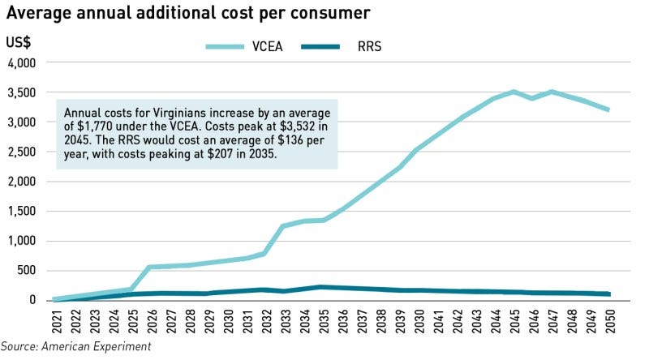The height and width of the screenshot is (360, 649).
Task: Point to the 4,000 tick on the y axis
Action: [x=22, y=62]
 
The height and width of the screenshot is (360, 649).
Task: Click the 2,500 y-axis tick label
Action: [x=22, y=152]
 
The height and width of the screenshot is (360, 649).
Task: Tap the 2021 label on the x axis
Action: [x=56, y=320]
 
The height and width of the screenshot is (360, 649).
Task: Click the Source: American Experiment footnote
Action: [x=75, y=347]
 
